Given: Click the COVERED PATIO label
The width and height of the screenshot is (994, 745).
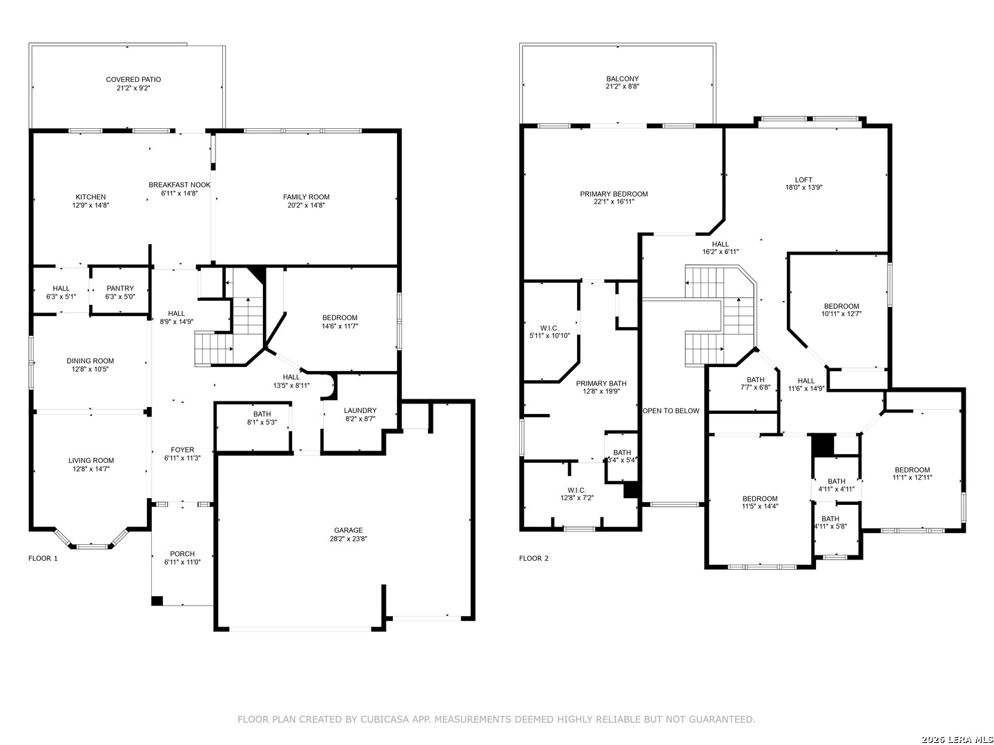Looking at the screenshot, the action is (133, 79).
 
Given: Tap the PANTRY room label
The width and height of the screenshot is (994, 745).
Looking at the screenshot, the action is (120, 288).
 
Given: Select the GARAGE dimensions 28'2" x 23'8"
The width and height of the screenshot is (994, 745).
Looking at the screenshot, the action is (348, 539).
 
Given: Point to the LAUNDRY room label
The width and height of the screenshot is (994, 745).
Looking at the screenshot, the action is (360, 410).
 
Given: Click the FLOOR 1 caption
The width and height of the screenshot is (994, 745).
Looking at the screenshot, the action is (43, 558).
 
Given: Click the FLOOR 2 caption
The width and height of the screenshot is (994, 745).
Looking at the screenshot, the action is (534, 558).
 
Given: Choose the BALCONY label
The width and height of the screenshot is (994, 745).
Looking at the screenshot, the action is (623, 79).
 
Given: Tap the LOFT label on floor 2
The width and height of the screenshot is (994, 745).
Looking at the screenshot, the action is (803, 179).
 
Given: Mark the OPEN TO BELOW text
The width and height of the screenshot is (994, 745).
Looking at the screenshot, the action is (671, 410).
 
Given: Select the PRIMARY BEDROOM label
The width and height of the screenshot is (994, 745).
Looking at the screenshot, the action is (614, 194).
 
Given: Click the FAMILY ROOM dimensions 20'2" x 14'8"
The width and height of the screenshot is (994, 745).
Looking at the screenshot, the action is (306, 206).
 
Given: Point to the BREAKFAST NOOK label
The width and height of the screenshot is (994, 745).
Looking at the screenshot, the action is (179, 185).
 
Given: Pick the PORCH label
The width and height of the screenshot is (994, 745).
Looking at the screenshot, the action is (182, 554).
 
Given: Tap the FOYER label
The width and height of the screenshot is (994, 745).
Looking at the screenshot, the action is (182, 450).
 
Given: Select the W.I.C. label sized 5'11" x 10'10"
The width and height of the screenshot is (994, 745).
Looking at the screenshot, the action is (549, 328).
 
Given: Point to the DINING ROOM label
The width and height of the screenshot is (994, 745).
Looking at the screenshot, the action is (90, 361).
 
